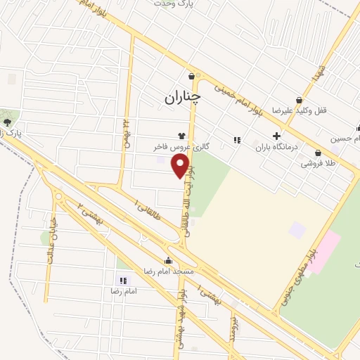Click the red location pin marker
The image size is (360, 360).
(x=181, y=166)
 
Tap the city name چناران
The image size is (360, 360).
(x=183, y=98)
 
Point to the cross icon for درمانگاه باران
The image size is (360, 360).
(x=276, y=136)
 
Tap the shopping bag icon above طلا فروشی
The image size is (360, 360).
(x=318, y=153)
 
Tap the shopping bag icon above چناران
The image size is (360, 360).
(x=191, y=76)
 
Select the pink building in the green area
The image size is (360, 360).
(x=323, y=252)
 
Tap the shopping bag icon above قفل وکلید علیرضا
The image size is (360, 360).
(x=299, y=100)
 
